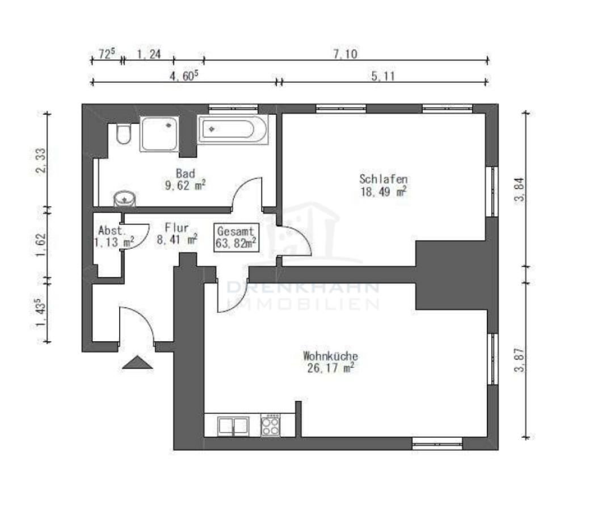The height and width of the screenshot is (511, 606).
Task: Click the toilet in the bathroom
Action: [x=123, y=135]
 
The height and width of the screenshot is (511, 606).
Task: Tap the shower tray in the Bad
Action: [x=159, y=133]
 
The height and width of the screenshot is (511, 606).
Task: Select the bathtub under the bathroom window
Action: [x=233, y=130]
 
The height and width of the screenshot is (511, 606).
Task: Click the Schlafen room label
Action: [x=383, y=179]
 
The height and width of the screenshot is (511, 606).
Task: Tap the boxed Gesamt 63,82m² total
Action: [x=236, y=237]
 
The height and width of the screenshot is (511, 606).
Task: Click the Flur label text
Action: [x=176, y=228]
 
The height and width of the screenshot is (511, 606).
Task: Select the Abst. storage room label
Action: [x=110, y=231]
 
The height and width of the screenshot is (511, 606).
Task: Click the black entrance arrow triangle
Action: [x=137, y=362]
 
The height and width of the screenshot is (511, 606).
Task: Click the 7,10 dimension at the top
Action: [x=344, y=55]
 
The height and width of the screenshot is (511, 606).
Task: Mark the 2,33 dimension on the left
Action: [x=41, y=162]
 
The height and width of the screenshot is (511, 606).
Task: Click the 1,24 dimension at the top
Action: [x=149, y=55]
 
